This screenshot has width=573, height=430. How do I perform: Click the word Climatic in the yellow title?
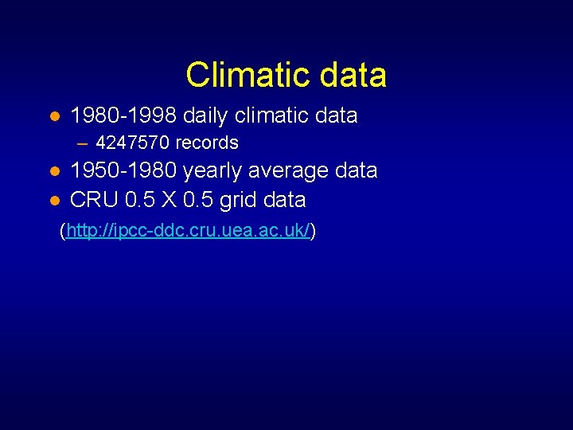(243, 76)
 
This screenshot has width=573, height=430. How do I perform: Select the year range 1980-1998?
(123, 116)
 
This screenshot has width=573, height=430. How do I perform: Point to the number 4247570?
(132, 143)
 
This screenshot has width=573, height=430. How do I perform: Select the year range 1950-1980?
(123, 171)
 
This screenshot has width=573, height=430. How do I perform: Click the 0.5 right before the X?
(140, 199)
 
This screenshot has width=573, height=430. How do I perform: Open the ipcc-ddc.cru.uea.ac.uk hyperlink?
(188, 232)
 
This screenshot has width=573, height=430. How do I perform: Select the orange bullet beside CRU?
(54, 200)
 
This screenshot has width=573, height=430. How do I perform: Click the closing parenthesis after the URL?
(314, 232)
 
